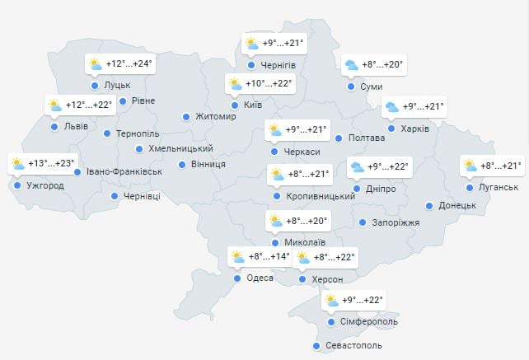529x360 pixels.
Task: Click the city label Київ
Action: [x=252, y=105]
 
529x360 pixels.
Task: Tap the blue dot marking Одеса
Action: [x=237, y=278]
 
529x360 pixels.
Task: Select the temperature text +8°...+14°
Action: [x=269, y=257]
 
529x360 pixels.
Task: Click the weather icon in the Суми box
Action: [x=352, y=65]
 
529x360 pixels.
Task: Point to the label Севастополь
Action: [x=353, y=346]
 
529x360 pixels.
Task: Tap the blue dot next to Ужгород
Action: [x=18, y=185]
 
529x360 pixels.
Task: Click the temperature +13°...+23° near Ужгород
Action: [x=51, y=163]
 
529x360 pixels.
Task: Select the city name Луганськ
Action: [x=498, y=188]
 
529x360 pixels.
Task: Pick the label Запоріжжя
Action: [x=396, y=222]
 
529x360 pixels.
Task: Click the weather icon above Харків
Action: [x=391, y=107]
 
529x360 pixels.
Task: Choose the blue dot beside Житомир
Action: [x=186, y=117]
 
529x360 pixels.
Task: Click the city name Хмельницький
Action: [x=180, y=149]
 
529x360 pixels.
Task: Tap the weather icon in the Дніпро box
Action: [x=358, y=167]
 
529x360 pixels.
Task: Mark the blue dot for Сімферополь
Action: [x=330, y=322]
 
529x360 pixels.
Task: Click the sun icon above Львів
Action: [x=55, y=105]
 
